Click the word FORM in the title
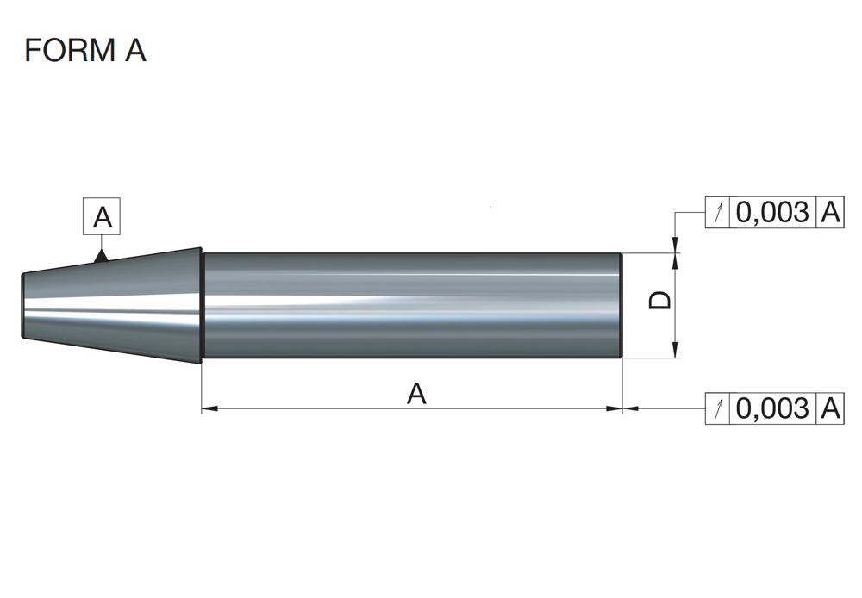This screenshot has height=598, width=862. [70, 50]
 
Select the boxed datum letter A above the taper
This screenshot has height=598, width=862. [102, 216]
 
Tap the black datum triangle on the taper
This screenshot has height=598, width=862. [101, 256]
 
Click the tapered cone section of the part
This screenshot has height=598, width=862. [111, 306]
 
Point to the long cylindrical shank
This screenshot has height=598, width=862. [412, 306]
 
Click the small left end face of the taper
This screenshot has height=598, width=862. [23, 306]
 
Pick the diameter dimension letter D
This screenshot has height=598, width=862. [659, 300]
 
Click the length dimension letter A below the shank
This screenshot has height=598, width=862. [416, 394]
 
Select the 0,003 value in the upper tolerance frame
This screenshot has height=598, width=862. [772, 212]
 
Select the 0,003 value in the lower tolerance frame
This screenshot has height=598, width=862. [772, 408]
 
